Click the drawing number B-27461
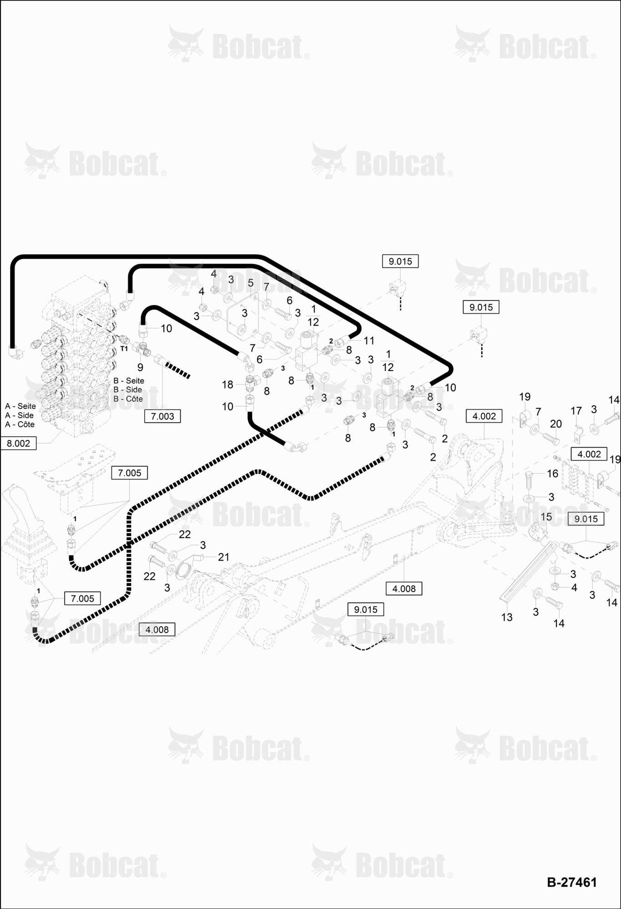tap(571, 882)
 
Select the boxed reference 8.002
tap(18, 443)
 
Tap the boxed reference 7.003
tap(162, 416)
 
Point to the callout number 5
tap(251, 283)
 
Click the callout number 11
tap(369, 340)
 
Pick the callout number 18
tap(227, 385)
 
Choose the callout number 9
tap(140, 367)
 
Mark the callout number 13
tap(507, 617)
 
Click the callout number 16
tap(552, 474)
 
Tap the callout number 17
tap(576, 411)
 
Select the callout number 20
tap(556, 424)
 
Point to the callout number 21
tap(223, 557)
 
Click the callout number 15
tap(546, 517)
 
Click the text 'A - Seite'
tap(20, 406)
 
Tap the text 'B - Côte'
tap(128, 399)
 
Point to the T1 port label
tap(124, 349)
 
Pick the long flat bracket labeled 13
tap(528, 573)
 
